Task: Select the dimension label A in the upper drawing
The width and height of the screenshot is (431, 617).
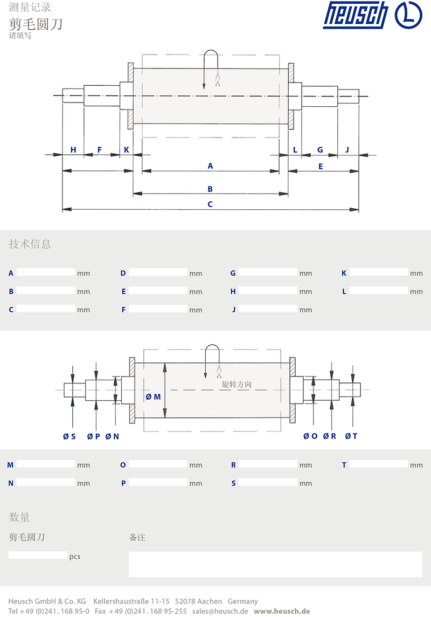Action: click(210, 166)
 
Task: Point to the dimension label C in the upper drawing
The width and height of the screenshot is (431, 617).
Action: click(210, 204)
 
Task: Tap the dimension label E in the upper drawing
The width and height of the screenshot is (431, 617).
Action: click(321, 167)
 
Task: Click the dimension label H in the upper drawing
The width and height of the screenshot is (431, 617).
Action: click(73, 150)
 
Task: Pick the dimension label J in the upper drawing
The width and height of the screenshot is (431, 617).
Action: click(347, 150)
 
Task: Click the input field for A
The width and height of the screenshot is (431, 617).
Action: click(46, 272)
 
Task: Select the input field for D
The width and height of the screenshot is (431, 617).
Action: click(158, 272)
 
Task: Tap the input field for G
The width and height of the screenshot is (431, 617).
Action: click(268, 272)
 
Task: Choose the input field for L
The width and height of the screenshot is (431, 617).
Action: click(378, 291)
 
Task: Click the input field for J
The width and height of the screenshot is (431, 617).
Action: click(268, 309)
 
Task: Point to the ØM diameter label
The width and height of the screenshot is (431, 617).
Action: click(154, 397)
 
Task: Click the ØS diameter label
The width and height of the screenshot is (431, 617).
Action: click(69, 436)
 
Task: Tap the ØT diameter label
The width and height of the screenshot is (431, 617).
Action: click(351, 436)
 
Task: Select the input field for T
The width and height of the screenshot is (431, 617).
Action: click(378, 464)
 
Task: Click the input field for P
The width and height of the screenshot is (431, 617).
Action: click(158, 483)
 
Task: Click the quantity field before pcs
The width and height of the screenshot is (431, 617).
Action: click(38, 556)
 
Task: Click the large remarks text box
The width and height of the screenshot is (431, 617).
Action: click(275, 564)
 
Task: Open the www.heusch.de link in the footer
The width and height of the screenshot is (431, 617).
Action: click(282, 611)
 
